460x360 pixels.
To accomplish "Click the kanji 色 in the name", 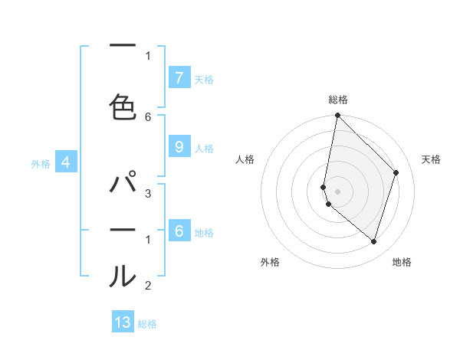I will pos(123,107).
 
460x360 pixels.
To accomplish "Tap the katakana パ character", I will pos(123,185).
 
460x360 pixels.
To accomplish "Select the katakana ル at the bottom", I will pos(123,276).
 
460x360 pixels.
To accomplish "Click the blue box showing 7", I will pos(179,78).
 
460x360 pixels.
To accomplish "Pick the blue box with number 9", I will pos(179,147).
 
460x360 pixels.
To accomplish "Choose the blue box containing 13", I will pos(123,322).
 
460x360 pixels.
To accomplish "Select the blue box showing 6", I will pos(179,231).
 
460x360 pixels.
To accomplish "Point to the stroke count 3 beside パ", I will pos(148,194).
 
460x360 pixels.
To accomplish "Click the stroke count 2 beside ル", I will pos(148,286).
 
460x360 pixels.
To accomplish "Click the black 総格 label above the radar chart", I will pos(337,100).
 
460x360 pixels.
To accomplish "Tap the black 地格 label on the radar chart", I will pos(402,262).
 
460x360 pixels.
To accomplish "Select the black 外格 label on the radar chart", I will pos(270,262).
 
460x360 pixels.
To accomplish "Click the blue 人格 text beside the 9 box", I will pos(204,148).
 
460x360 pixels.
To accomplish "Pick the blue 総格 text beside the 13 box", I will pos(147,323).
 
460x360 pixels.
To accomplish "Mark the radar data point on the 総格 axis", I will pos(337,116).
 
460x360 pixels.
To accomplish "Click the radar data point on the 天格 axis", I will pos(396,172).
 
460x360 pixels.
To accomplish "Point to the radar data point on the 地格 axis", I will pos(373,241).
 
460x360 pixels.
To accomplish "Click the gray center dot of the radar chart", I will pos(337,191).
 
